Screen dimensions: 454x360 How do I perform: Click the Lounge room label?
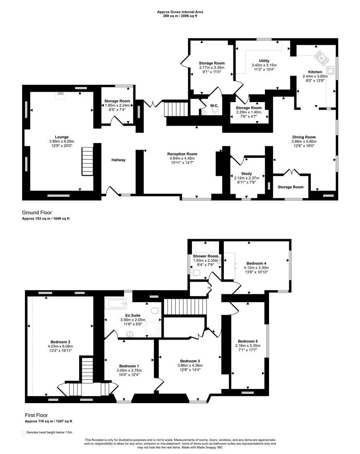58,137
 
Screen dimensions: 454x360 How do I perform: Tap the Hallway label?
118,160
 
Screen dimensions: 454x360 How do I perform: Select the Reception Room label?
182,154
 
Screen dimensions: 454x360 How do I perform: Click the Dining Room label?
304,137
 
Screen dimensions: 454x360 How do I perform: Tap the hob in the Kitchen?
323,58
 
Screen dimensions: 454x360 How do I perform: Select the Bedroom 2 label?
59,342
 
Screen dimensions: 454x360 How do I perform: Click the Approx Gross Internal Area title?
180,13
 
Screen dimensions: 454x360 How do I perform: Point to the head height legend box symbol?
23,432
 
